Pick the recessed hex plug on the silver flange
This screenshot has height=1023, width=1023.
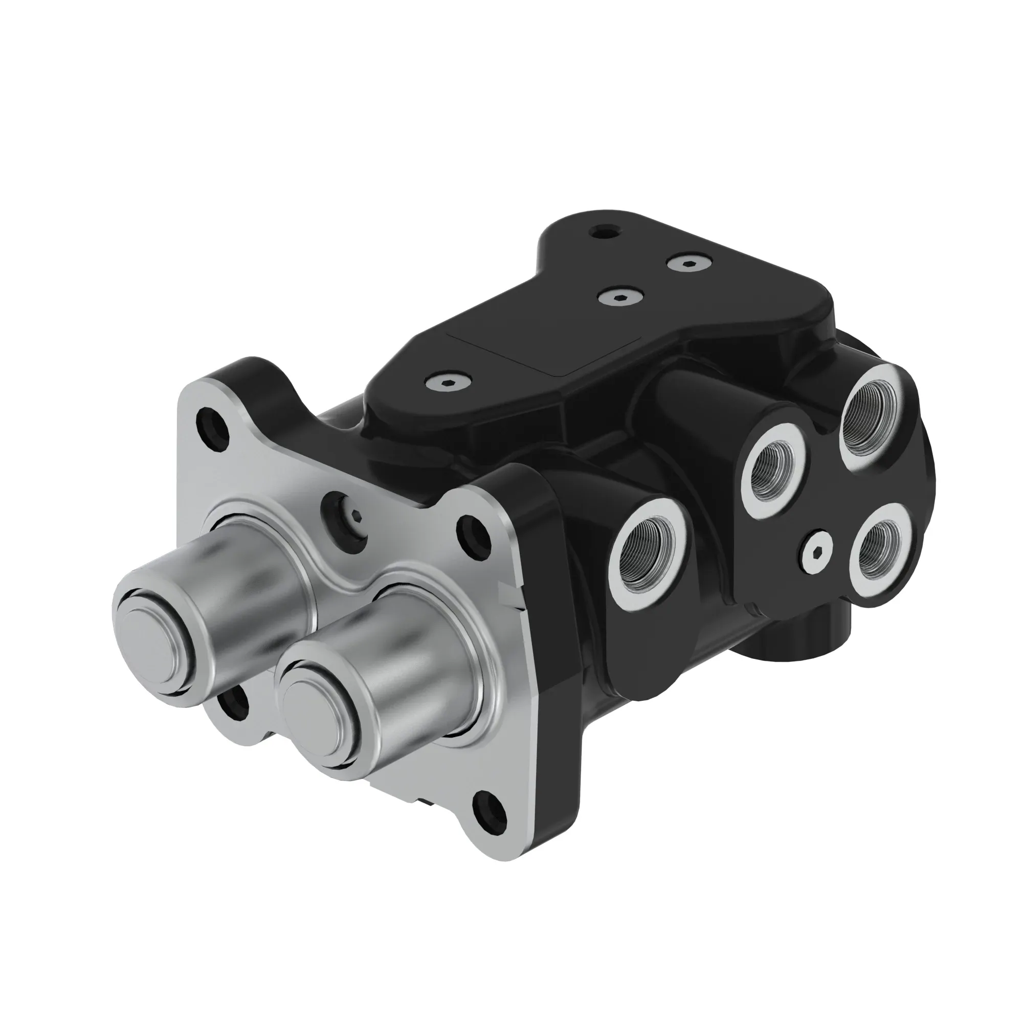(346, 517)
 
